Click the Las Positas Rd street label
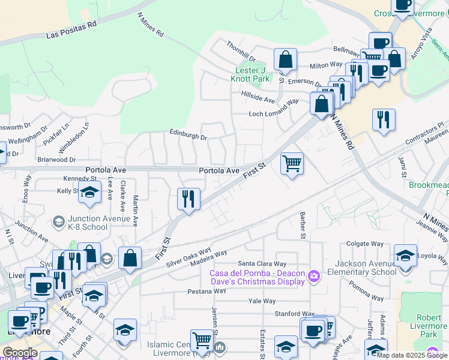(x=71, y=31)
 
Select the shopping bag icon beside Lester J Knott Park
(x=285, y=60)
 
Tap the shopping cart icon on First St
(x=292, y=163)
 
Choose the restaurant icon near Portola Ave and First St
(x=188, y=199)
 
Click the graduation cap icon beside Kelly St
(x=89, y=193)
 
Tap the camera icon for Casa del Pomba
(x=313, y=276)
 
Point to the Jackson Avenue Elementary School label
(x=358, y=268)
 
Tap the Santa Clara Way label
(x=262, y=263)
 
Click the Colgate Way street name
(x=365, y=244)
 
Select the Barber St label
(x=303, y=225)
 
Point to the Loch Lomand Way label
(x=274, y=108)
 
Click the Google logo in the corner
(x=20, y=353)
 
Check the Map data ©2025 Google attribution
(x=412, y=355)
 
